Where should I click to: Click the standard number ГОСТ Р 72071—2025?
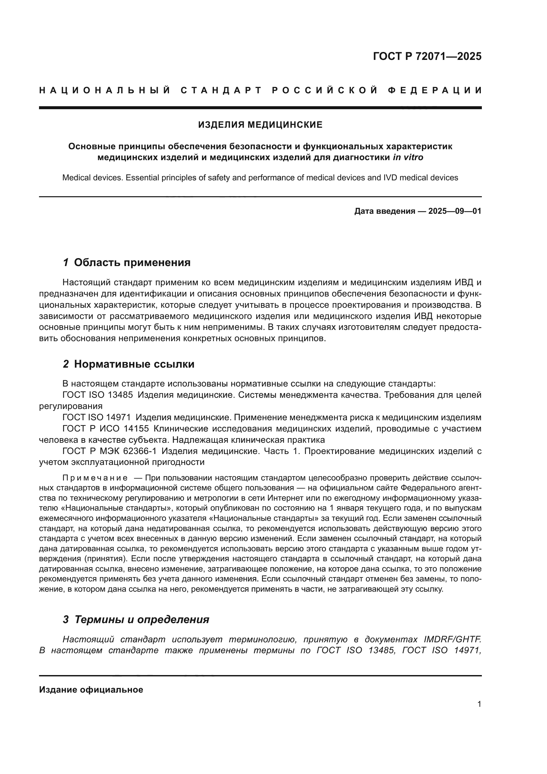coord(427,56)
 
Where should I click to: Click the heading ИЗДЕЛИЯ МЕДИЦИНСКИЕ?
coord(260,125)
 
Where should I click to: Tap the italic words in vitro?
coord(408,158)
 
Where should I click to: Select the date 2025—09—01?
coord(455,211)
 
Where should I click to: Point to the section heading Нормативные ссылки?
coord(134,364)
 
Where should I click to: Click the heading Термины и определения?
coord(142,619)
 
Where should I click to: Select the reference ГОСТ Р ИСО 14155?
coord(105,429)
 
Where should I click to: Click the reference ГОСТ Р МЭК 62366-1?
coord(109,451)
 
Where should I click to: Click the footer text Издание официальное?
coord(91,689)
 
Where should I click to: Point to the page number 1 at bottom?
coord(479,704)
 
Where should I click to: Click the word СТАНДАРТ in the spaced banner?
coord(221,90)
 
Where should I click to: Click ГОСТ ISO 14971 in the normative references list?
coord(97,417)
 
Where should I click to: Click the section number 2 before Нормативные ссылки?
coord(66,364)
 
